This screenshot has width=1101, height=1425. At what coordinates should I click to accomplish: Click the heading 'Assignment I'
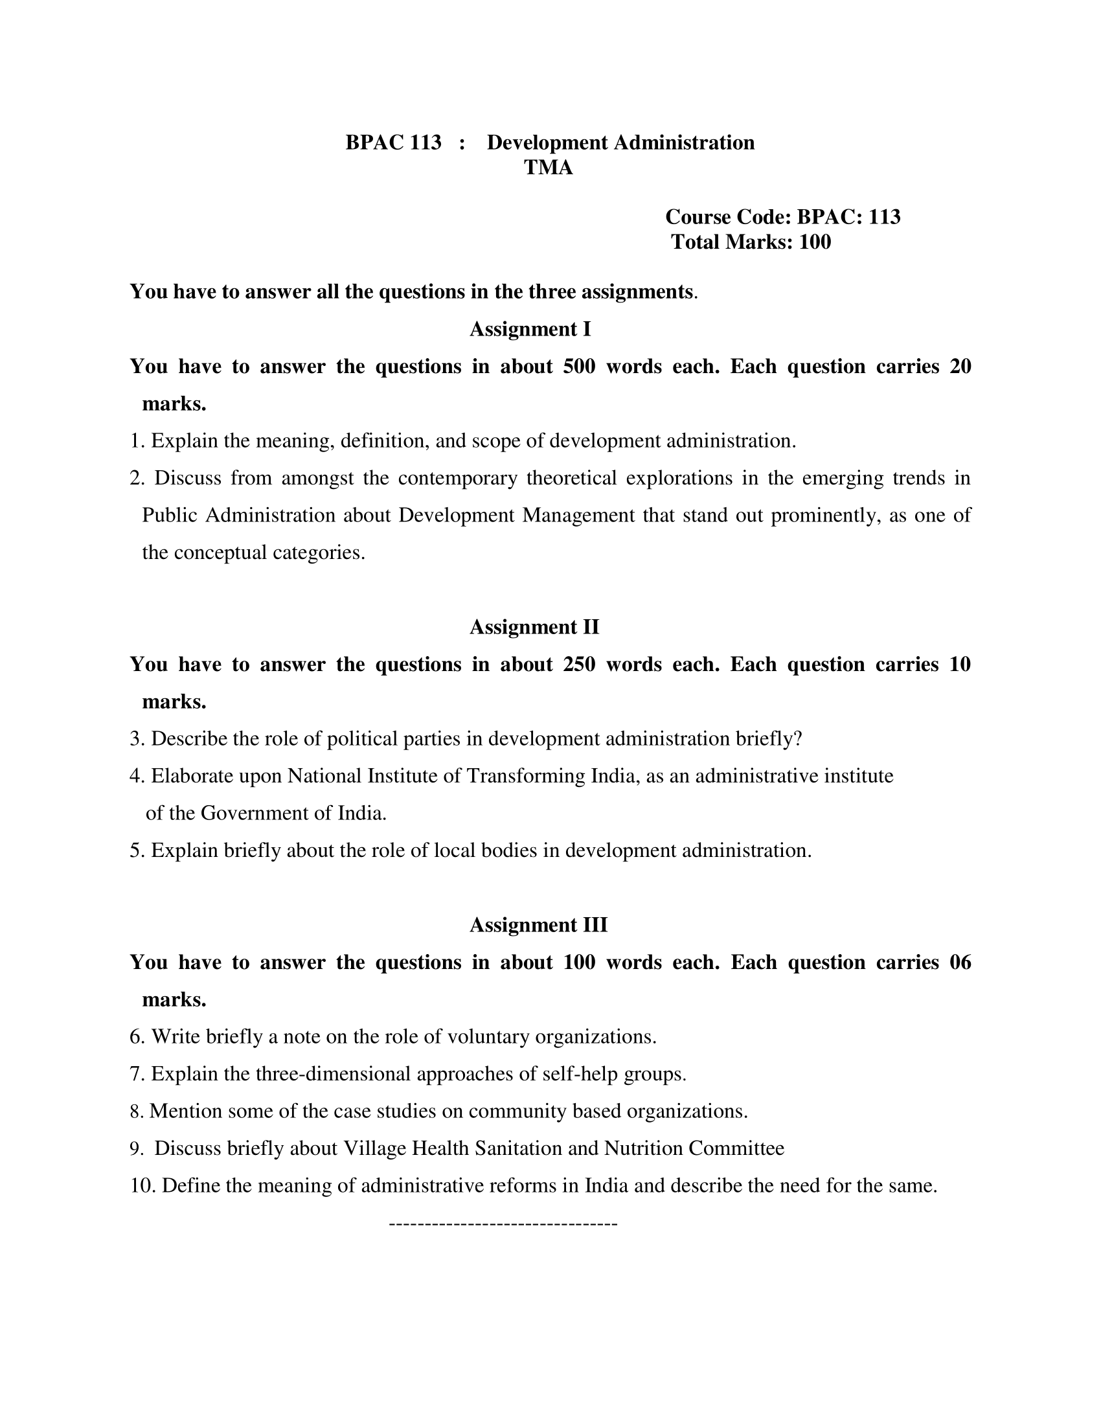click(x=530, y=329)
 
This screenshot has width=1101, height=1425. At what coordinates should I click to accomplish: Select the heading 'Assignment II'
click(x=534, y=627)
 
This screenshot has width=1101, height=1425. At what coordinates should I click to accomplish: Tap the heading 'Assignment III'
click(x=538, y=925)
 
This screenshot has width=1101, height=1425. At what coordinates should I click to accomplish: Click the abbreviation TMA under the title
click(x=548, y=168)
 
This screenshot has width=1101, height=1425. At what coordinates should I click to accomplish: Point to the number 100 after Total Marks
click(x=815, y=242)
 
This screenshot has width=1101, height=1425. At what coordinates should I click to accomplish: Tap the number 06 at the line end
click(x=960, y=963)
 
